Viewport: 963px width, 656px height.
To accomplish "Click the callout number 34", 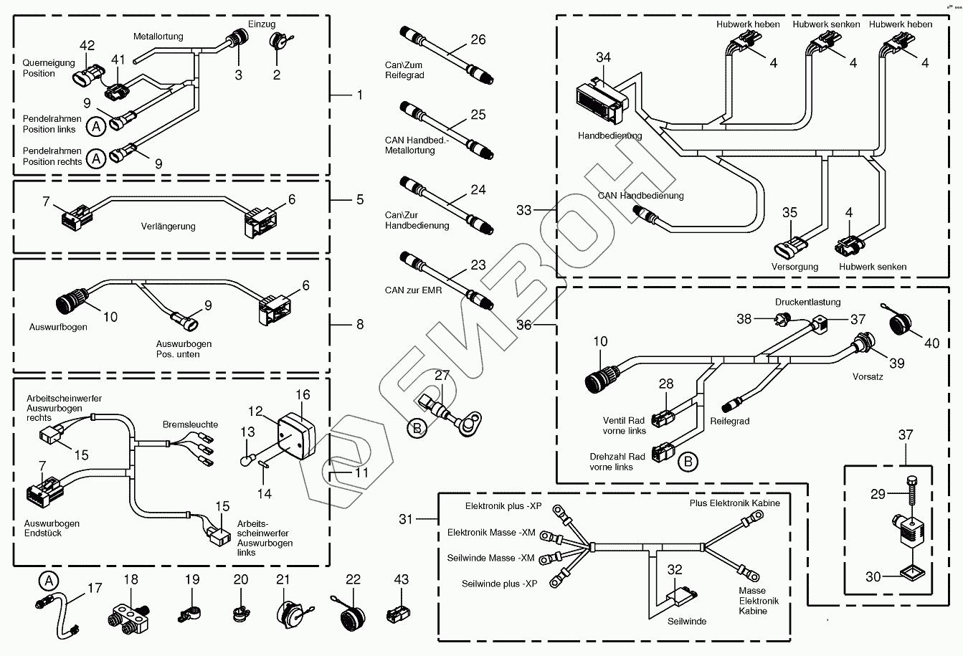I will point(604,57).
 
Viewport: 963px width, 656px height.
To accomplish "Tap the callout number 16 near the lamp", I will point(303,395).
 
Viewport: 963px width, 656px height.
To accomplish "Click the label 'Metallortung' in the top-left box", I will point(158,37).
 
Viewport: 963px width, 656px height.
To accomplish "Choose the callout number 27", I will point(442,375).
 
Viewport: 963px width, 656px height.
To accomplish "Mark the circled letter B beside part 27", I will point(416,429).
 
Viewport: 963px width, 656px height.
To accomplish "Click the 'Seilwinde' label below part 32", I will point(686,621).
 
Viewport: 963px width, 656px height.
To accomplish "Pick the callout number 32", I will point(675,570).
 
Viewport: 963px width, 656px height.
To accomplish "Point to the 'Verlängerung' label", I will point(168,227).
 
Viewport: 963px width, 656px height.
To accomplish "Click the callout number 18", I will point(131,579).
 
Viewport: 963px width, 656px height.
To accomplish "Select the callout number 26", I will point(478,39).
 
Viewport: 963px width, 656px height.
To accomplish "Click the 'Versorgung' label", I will point(794,267).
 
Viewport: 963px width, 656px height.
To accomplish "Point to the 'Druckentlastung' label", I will point(807,302).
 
